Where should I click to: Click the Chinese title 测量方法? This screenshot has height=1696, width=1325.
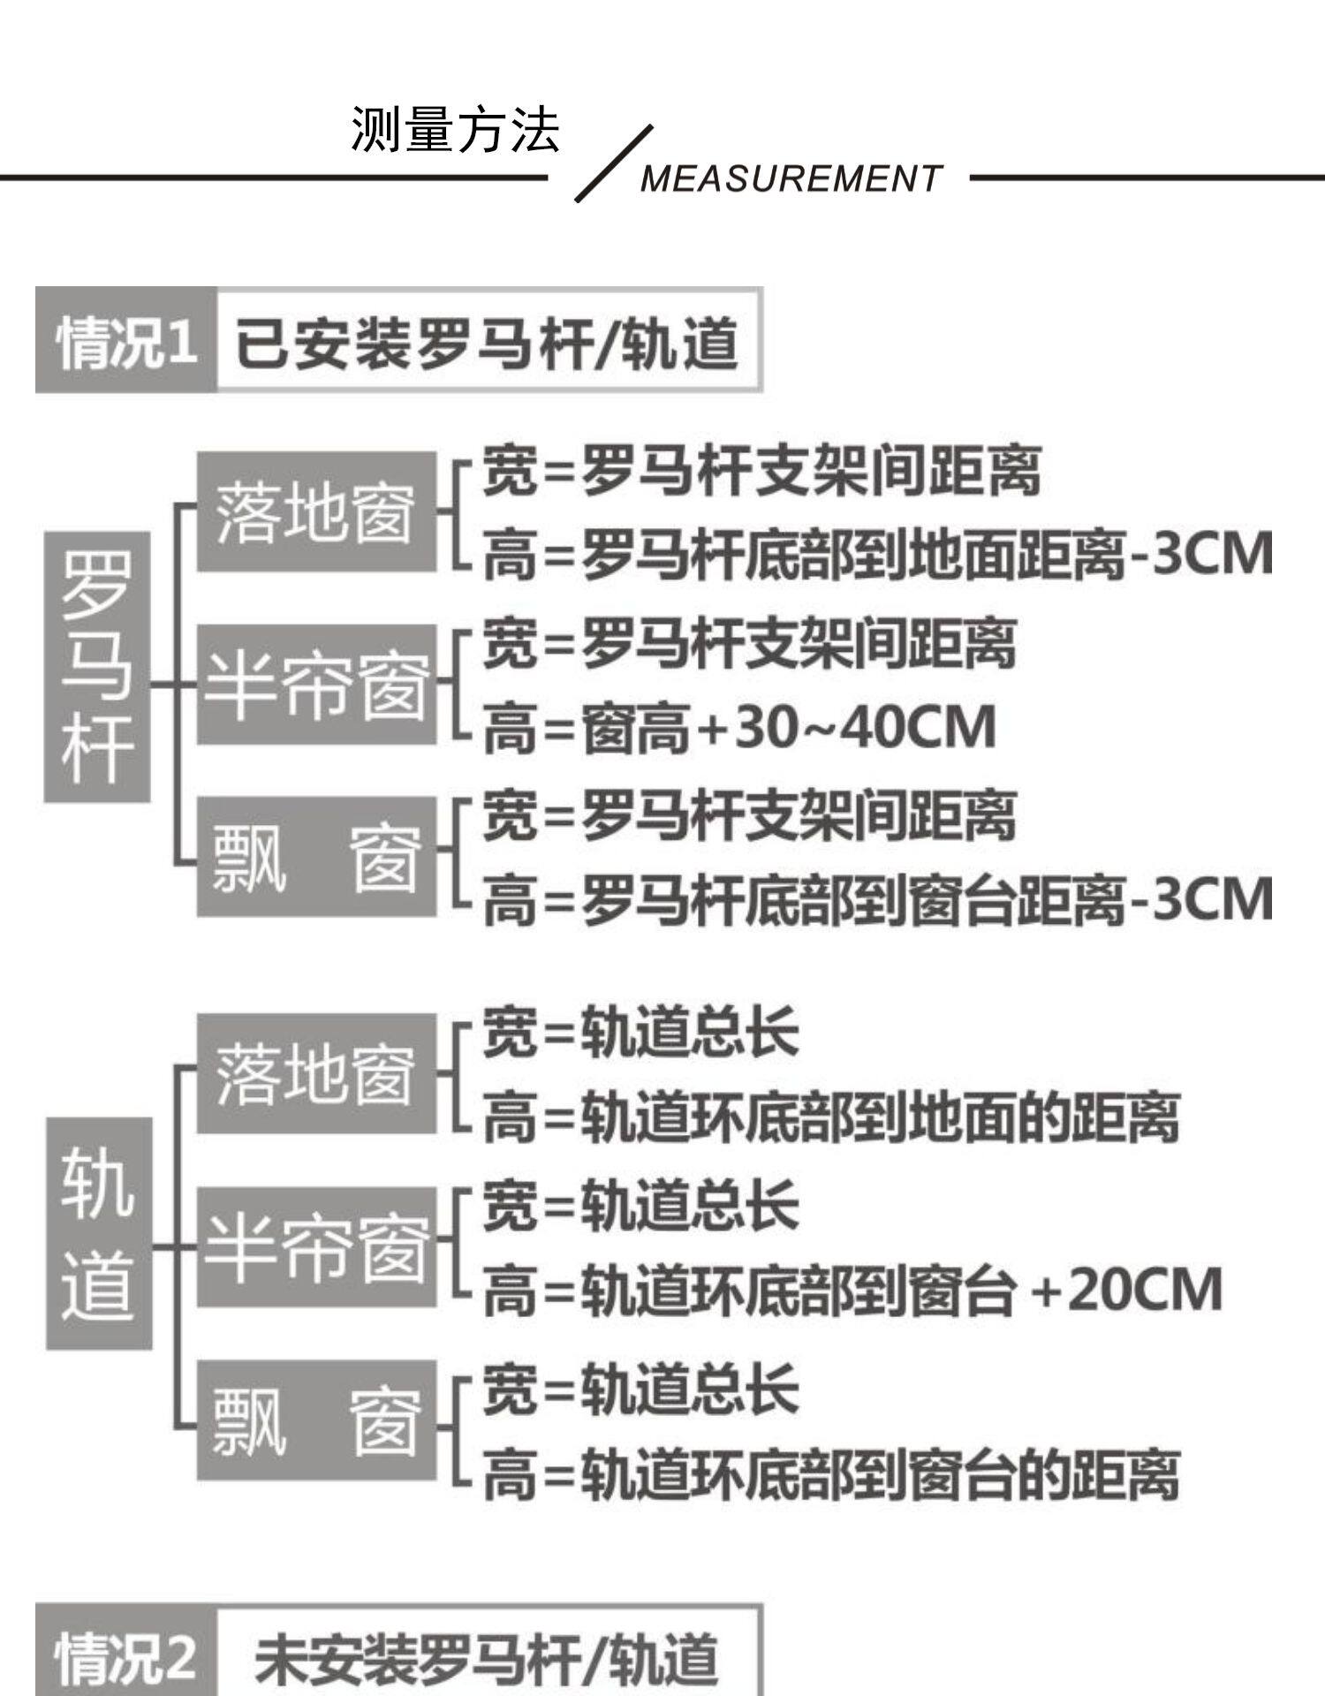[455, 129]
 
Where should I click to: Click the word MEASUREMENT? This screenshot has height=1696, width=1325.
[791, 178]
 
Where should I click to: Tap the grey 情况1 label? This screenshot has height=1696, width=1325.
[126, 341]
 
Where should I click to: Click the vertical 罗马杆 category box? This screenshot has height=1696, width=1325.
[97, 666]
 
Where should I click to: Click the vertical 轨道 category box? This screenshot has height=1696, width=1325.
[98, 1233]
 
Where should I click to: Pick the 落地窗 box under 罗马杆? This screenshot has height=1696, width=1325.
[316, 512]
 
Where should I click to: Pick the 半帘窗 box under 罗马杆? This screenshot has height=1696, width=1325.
[316, 685]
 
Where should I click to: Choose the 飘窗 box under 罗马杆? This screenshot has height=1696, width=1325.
[316, 856]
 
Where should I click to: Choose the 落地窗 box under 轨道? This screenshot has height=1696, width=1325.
[316, 1074]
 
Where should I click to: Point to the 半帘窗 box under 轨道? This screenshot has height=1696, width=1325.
[316, 1246]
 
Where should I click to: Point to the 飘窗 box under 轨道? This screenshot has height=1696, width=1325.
[316, 1420]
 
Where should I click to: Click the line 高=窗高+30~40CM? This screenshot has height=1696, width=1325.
[739, 729]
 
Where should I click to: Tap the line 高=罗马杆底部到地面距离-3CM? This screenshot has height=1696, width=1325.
[877, 556]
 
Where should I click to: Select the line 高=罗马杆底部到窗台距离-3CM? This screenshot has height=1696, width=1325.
[877, 900]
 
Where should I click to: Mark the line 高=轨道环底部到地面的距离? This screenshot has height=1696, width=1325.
[830, 1117]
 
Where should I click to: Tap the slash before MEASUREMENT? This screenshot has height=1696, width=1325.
[614, 164]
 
